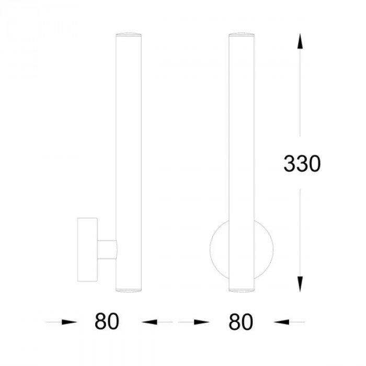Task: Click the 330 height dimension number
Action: pos(302,164)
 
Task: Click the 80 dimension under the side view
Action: pos(107,322)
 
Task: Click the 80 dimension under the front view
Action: pos(241,322)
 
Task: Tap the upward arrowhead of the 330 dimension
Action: pos(300,41)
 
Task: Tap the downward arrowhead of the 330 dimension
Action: pos(300,284)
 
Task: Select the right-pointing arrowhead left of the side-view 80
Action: pos(69,322)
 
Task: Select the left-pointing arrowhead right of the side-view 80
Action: pos(150,322)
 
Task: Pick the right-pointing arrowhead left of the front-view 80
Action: pos(202,322)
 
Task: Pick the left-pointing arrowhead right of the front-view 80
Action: pos(281,322)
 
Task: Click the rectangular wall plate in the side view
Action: pos(87,249)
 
